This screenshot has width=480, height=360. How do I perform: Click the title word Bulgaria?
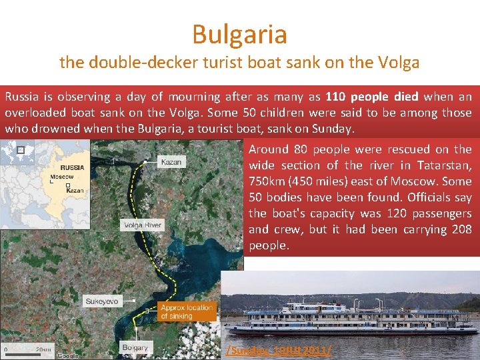(239, 34)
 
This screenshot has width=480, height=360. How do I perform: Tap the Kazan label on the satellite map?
(171, 162)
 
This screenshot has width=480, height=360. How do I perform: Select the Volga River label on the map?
(142, 225)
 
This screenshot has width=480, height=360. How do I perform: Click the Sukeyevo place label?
(101, 301)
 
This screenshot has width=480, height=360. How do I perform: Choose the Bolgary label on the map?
(135, 347)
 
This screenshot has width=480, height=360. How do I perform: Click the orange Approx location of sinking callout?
(186, 311)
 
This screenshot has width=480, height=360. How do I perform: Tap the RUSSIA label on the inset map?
(72, 167)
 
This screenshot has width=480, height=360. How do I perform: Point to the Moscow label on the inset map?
(62, 177)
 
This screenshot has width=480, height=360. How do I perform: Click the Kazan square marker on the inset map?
(68, 185)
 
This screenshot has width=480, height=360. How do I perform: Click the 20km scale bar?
(27, 349)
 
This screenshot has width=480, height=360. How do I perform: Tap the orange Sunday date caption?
(279, 349)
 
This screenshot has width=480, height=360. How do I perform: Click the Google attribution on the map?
(67, 355)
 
